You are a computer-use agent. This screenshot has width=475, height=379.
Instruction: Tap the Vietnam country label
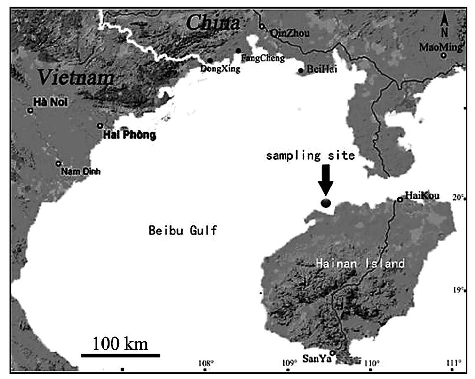coord(77,76)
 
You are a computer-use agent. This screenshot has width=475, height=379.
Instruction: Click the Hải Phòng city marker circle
coord(100,126)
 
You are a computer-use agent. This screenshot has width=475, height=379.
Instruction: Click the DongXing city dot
coord(210,61)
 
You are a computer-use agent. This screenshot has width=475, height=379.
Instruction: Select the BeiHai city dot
coord(300,71)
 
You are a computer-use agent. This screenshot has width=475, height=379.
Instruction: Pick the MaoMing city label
coord(441,47)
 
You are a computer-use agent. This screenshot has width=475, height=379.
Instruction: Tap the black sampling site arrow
coord(326,180)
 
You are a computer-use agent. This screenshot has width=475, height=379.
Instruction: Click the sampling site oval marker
coord(326,203)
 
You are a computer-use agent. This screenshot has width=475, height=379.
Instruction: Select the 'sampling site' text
coord(310,156)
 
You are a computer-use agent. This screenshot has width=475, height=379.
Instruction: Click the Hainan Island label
coord(360,263)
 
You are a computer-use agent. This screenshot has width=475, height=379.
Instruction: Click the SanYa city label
coord(314,357)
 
